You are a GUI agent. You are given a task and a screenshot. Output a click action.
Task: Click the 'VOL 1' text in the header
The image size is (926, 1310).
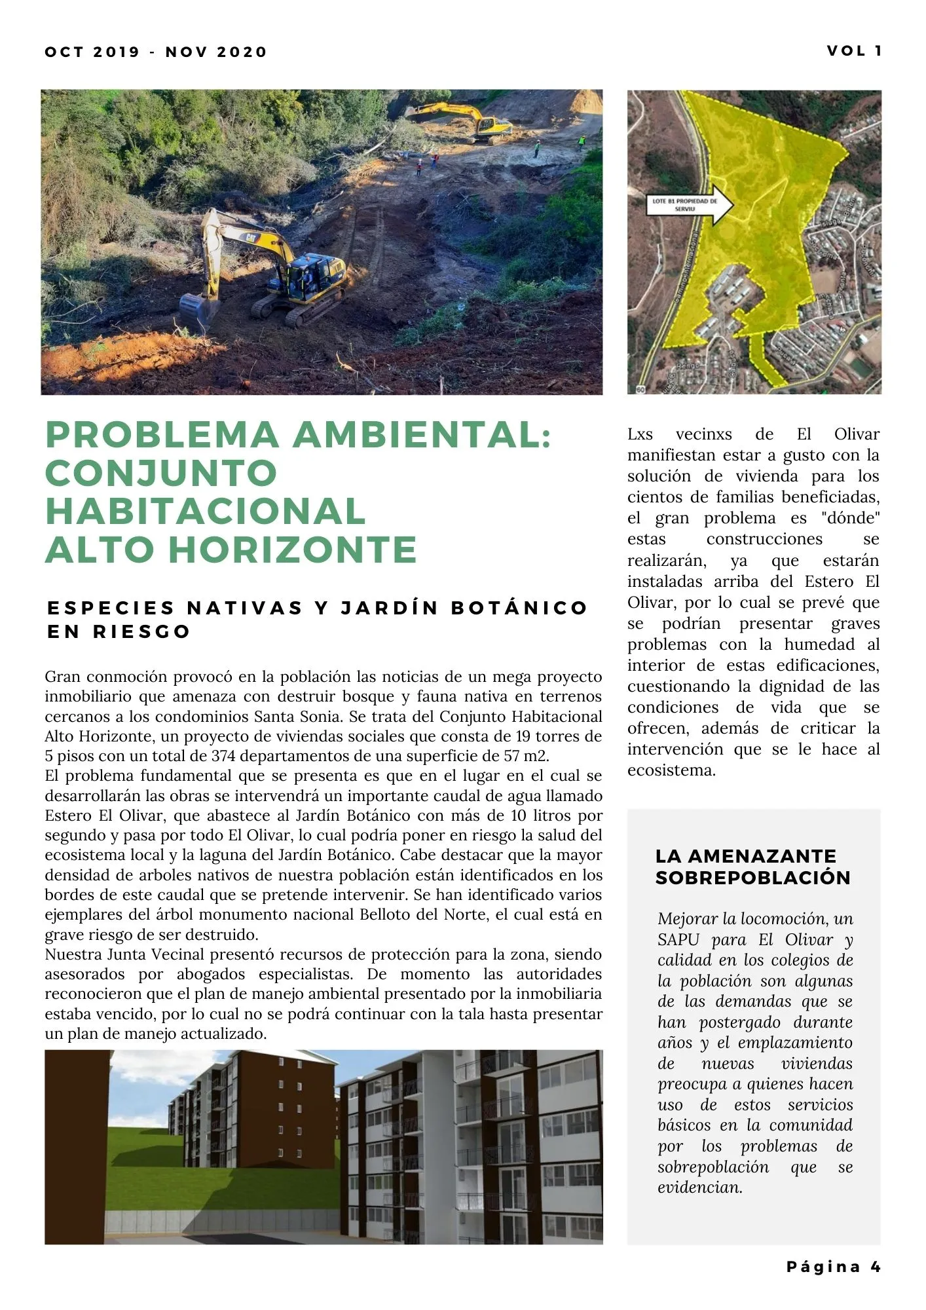tap(854, 51)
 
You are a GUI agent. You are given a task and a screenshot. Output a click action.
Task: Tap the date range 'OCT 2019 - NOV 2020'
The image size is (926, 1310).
tap(156, 52)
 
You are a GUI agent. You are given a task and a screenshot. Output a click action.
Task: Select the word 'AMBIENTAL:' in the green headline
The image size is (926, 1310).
tap(422, 435)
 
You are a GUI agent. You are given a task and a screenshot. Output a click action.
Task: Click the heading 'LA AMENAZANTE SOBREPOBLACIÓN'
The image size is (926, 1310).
tap(752, 867)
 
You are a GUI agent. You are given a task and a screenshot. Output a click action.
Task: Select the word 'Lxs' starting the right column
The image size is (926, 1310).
tap(640, 434)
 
